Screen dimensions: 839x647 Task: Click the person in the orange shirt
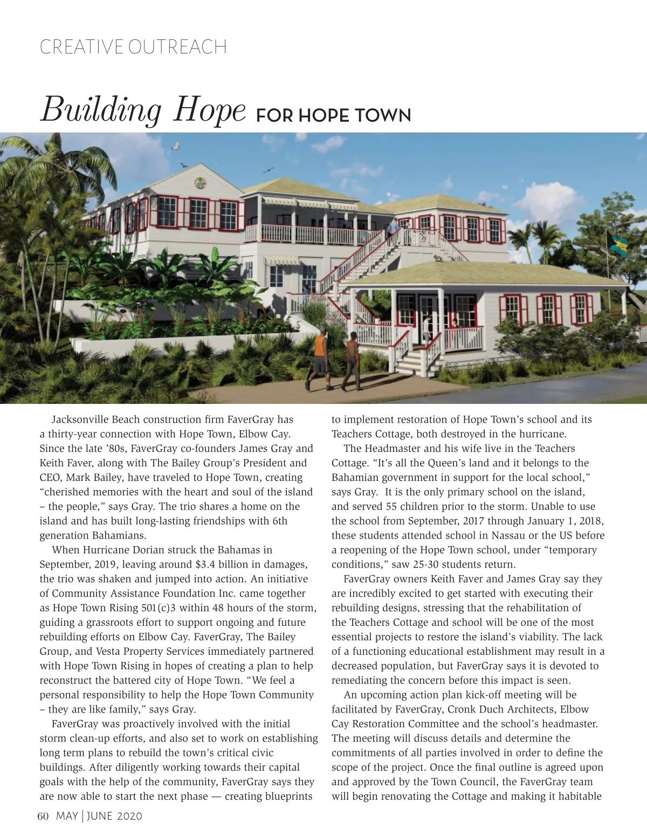point(319,358)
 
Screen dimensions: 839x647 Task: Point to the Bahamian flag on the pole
point(616,244)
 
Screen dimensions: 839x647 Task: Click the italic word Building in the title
point(101,110)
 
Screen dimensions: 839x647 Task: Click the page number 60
point(43,816)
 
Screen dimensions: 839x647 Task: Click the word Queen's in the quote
point(446,463)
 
